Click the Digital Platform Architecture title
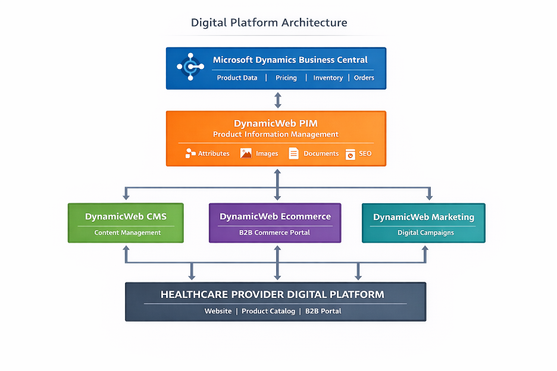(269, 23)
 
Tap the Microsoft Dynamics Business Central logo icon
(190, 67)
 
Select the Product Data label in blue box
(237, 78)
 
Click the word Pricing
(286, 78)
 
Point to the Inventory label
(328, 78)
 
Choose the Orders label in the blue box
(364, 78)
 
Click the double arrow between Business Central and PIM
(277, 100)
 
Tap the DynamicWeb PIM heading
(276, 124)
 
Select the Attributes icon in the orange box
(190, 153)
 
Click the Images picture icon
(246, 153)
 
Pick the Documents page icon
(293, 153)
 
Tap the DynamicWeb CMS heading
(126, 216)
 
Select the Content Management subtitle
(127, 232)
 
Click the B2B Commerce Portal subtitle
(274, 232)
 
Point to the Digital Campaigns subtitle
(425, 232)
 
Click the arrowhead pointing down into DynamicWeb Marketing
(429, 197)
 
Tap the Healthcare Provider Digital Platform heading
(273, 294)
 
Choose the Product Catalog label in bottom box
(268, 311)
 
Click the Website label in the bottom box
(218, 311)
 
